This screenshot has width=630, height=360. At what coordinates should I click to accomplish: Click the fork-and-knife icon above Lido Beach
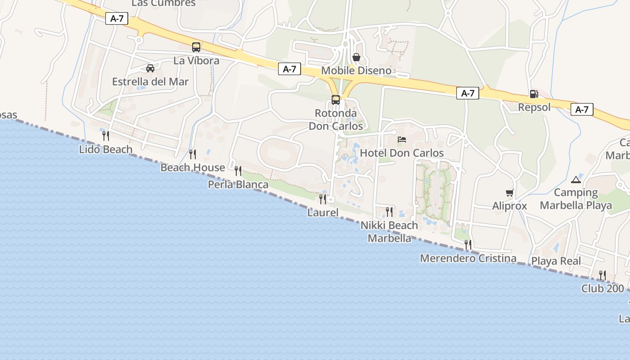106,135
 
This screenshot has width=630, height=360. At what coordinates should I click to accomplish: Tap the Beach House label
193,167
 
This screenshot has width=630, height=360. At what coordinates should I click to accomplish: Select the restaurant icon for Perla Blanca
238,171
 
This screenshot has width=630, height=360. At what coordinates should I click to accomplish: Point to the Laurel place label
323,212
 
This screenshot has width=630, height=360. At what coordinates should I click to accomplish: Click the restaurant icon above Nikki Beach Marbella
389,211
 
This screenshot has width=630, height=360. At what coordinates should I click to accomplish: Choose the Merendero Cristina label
468,258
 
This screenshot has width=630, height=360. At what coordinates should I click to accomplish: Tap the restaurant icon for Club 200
602,275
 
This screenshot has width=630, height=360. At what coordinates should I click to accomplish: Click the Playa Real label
556,261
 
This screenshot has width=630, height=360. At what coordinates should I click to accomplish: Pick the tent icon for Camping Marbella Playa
576,180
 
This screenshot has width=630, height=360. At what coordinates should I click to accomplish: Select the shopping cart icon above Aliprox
509,193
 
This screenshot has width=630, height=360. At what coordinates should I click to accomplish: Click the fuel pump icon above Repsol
534,94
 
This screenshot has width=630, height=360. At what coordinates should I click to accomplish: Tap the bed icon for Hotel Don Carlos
402,139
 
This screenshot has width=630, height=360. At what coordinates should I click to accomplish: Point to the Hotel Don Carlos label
402,153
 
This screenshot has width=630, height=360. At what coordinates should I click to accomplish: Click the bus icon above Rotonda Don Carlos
336,100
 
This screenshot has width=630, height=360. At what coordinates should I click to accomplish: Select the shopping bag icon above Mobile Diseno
356,57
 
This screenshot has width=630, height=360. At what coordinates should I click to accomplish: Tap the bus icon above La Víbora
196,47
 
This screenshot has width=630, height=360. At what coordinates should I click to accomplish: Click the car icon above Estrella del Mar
150,68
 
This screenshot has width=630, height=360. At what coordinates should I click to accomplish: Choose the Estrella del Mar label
150,82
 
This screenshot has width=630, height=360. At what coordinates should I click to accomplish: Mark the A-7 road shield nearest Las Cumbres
117,18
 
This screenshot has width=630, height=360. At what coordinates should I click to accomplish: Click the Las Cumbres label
164,3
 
